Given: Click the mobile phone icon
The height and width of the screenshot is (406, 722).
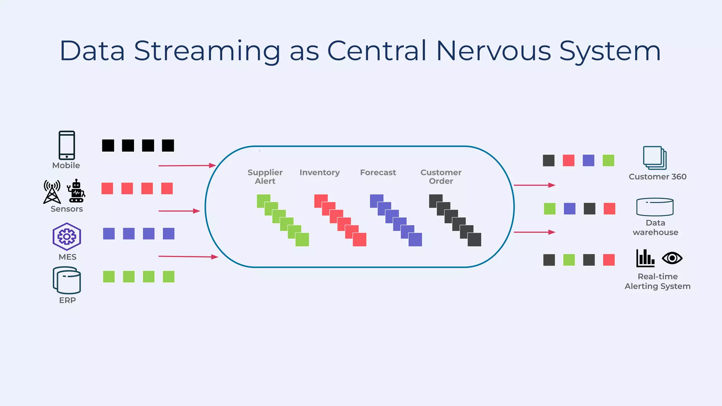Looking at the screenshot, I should pyautogui.click(x=67, y=145).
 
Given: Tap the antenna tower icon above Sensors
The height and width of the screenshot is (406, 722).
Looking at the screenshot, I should pyautogui.click(x=52, y=192).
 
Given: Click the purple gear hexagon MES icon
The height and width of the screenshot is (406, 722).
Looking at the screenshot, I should pyautogui.click(x=67, y=236).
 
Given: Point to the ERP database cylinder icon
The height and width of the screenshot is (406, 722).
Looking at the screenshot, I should pyautogui.click(x=67, y=280).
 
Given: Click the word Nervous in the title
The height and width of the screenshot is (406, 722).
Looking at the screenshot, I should pyautogui.click(x=493, y=51).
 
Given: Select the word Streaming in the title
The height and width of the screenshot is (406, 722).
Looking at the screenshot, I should pyautogui.click(x=207, y=51).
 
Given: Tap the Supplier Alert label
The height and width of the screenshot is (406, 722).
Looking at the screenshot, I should pyautogui.click(x=265, y=177).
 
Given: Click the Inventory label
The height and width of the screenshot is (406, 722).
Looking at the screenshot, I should pyautogui.click(x=319, y=172).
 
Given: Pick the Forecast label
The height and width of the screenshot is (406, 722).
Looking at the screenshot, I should pyautogui.click(x=378, y=172).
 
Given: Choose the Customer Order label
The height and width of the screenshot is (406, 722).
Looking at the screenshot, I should pyautogui.click(x=441, y=177).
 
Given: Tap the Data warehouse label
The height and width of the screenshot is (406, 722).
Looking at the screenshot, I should pyautogui.click(x=655, y=227).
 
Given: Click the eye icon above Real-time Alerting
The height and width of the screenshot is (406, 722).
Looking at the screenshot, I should pyautogui.click(x=672, y=258).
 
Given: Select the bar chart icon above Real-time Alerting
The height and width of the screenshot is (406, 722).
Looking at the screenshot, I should pyautogui.click(x=645, y=258).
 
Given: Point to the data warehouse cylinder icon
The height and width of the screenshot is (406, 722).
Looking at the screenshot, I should pyautogui.click(x=655, y=207).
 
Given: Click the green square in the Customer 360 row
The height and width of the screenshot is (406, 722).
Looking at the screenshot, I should pyautogui.click(x=608, y=160).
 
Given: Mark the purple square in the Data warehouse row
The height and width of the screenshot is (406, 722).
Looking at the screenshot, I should pyautogui.click(x=570, y=209).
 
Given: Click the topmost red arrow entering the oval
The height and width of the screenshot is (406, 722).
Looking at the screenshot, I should pyautogui.click(x=187, y=165).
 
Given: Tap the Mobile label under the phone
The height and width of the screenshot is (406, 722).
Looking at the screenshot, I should pyautogui.click(x=66, y=165).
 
